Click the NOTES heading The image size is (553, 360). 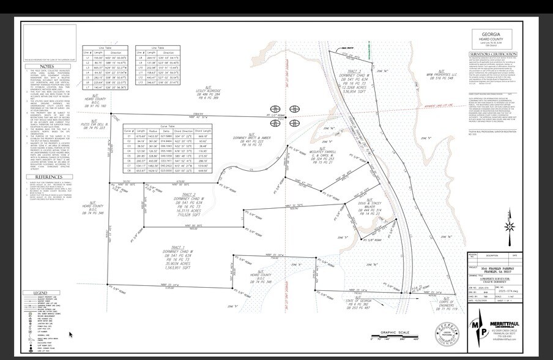[47, 66]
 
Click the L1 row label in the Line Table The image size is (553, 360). [87, 57]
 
